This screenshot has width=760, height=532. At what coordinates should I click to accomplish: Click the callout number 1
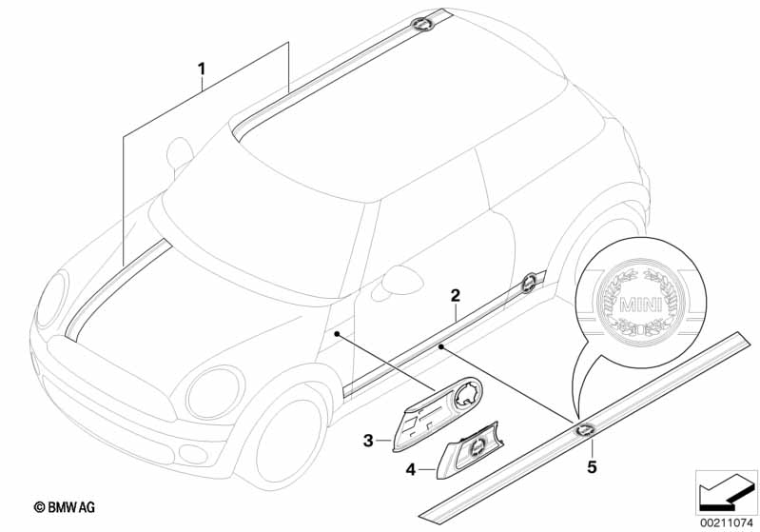pos(202,69)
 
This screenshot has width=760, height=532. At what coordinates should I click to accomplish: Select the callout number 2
pos(455,295)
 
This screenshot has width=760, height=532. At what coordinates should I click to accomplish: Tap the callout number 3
pos(368,441)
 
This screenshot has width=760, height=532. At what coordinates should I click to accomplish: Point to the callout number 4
pos(411,469)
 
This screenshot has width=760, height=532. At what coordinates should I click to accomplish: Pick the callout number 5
pos(592,467)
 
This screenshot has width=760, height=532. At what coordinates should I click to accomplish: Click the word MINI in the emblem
pos(641,305)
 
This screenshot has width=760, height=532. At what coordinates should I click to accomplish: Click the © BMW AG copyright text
pos(65,507)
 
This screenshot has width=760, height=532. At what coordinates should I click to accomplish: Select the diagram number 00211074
pos(726,522)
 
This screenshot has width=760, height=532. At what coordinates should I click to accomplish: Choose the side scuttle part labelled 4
pos(470,449)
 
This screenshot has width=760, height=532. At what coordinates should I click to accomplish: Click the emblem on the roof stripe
pos(422,24)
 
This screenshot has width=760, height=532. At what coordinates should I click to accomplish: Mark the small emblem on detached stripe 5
pos(585,429)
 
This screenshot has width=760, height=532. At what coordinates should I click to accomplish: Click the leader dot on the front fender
pos(337,334)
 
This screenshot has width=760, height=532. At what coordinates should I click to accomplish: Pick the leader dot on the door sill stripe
pos(440,346)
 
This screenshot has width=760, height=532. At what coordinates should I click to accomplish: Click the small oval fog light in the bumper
pos(193,454)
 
